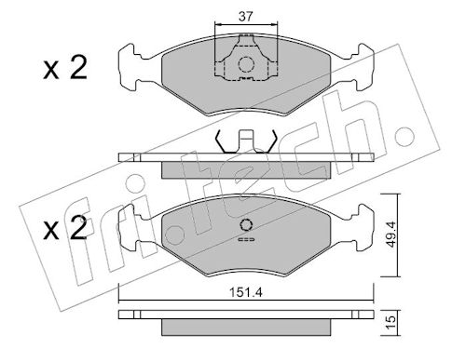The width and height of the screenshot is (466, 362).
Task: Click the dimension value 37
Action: tap(246, 17)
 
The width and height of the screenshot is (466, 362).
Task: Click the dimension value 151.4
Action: tap(246, 292)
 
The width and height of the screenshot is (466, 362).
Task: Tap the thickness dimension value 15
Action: tap(391, 323)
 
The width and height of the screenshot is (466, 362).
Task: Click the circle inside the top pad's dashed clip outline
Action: tap(246, 64)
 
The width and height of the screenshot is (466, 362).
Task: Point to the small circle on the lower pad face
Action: tap(246, 225)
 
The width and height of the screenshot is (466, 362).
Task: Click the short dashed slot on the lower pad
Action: tap(246, 239)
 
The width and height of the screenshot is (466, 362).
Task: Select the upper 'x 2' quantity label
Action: tap(65, 68)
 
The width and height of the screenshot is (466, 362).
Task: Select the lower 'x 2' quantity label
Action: tap(65, 229)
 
